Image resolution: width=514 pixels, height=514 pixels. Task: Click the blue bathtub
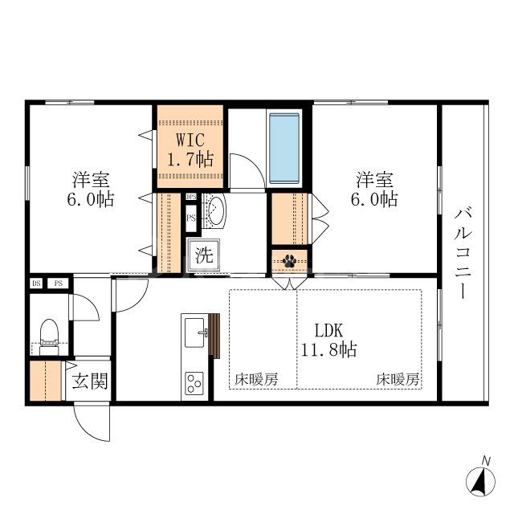coord(284,148)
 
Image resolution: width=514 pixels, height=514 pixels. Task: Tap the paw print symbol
coord(289,261)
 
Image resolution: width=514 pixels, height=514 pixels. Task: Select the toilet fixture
coord(49,337)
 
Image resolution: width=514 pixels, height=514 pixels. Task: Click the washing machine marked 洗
coord(203,255)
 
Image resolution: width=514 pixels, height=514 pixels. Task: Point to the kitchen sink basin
coord(194,332)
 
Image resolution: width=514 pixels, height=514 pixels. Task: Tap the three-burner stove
coord(194,383)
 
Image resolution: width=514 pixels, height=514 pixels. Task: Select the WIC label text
coord(190,140)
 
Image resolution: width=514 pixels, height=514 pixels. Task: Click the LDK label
coord(328,331)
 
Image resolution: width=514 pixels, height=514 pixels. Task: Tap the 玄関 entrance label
coord(90,381)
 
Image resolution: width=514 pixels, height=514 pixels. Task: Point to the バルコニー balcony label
coord(463,254)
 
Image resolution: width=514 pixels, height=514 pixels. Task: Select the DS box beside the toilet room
coord(36,284)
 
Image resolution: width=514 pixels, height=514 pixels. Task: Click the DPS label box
coord(191,197)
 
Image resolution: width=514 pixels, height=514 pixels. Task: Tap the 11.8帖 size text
coord(328,350)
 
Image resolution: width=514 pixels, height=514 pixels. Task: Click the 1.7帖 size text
coord(190,160)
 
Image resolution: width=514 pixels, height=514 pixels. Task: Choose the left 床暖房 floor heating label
coord(256,380)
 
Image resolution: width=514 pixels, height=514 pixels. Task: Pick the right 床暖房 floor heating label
coord(398,380)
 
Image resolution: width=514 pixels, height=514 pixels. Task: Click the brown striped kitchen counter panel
coord(214,336)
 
